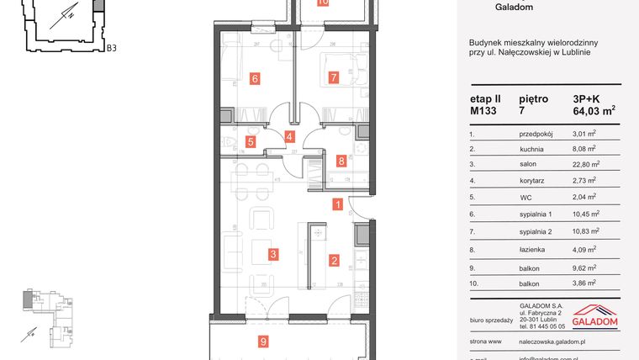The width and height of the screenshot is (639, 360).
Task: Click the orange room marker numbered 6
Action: (x=254, y=79)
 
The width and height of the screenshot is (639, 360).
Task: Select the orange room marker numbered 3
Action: (x=272, y=253)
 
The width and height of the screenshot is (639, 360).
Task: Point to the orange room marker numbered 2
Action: (x=334, y=261)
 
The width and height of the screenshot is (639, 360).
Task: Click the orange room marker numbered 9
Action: (x=263, y=341)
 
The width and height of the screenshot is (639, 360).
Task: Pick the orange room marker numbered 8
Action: (x=341, y=160)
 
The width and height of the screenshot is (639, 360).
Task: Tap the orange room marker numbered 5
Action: (x=250, y=142)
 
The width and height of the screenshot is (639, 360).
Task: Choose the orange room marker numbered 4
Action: (x=289, y=136)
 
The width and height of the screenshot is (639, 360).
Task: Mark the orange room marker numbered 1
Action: (x=337, y=204)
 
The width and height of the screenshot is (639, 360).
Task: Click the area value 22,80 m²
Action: (x=585, y=165)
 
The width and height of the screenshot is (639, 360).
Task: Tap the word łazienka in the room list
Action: (x=533, y=250)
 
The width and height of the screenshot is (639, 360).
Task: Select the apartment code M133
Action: (x=483, y=110)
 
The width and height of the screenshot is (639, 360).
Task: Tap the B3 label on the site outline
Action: (x=110, y=48)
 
